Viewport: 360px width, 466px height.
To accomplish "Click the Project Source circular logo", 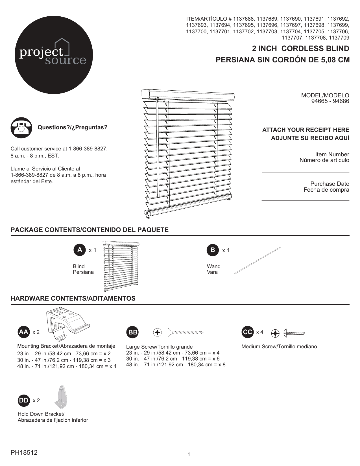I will (x=54, y=55).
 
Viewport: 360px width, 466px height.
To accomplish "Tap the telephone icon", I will (x=21, y=128).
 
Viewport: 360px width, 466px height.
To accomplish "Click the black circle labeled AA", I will (x=23, y=332).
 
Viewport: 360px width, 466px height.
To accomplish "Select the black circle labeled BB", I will (x=132, y=332).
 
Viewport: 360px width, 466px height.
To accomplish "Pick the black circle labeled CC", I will (x=248, y=332).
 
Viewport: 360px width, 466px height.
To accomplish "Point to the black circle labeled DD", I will (x=24, y=401).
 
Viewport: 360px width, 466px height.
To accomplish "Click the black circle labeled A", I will (x=80, y=250).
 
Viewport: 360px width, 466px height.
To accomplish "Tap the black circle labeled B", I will (x=213, y=250).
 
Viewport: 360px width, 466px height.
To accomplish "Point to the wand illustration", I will (x=258, y=261).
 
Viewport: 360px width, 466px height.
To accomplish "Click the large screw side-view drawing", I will (x=185, y=332).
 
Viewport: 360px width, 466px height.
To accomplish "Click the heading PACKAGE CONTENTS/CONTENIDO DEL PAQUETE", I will (x=90, y=230).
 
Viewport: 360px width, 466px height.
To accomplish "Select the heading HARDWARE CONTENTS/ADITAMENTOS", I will (x=73, y=298).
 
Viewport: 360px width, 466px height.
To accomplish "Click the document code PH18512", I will (x=24, y=453).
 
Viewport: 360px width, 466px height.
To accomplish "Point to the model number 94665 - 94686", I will (x=330, y=101).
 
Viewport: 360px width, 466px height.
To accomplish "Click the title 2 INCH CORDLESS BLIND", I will (x=300, y=49).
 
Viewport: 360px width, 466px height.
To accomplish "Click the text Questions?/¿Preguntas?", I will (x=73, y=127).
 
